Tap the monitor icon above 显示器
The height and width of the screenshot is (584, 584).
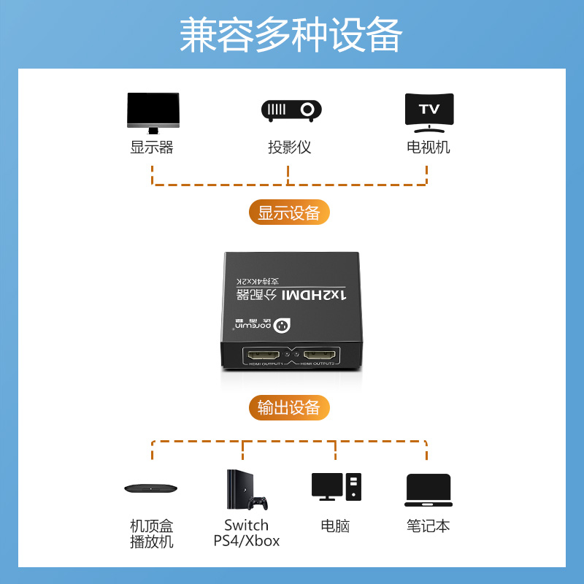pos(153,112)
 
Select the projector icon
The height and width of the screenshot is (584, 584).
pos(291,110)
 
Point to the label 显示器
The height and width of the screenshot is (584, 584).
pos(152,147)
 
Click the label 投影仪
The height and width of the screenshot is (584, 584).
pos(290,147)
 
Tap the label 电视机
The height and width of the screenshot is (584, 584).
pos(429,147)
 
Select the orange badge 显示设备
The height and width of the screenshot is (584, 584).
pos(289,212)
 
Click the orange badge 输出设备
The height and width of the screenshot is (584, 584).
pos(289,407)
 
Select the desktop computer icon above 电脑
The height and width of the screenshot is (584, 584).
pos(336,487)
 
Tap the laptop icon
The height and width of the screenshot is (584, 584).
pos(429,490)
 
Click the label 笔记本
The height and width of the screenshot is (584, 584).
pos(429,526)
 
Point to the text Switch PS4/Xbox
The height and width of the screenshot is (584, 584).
pos(247,533)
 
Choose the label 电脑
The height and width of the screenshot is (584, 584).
pos(335,526)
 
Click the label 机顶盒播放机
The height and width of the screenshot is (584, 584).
pos(152,534)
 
